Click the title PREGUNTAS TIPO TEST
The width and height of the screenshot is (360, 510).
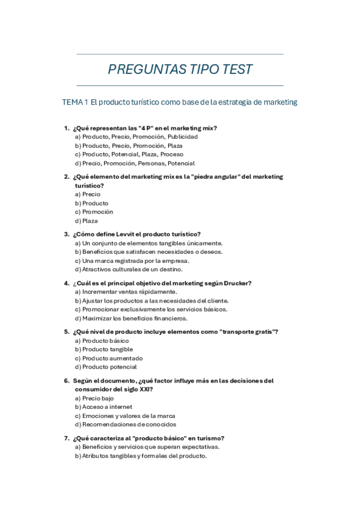point(180,70)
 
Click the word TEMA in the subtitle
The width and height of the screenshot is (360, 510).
point(73,102)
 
